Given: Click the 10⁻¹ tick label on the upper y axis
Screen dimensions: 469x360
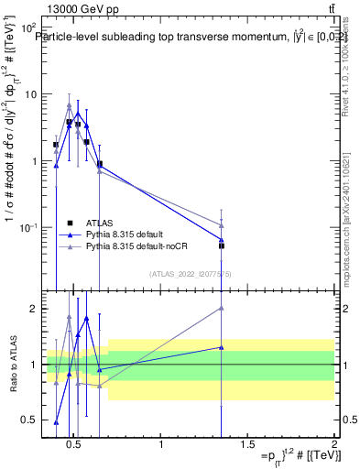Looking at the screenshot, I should pos(27,227).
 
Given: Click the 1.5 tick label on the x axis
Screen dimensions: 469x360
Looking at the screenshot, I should pos(247,445).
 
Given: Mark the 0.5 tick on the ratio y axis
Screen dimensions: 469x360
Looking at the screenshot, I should pos(29,420).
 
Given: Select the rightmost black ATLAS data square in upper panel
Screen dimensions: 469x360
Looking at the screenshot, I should pos(221,245).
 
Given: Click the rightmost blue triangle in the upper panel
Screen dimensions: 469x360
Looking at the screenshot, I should pos(221,239).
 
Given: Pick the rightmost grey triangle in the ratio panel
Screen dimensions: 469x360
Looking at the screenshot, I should pos(221,308).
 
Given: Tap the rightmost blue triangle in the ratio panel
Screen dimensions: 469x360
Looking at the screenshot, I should pos(221,347).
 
